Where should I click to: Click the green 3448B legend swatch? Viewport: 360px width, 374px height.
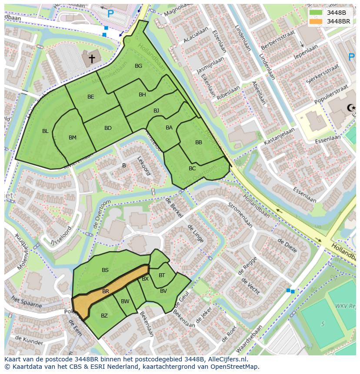[x=316, y=12]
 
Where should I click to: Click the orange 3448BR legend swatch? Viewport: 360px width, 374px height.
[x=316, y=21]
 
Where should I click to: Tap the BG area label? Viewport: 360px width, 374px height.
[x=138, y=66]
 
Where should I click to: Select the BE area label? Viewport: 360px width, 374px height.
[x=90, y=97]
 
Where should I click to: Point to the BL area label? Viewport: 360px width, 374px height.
[x=45, y=131]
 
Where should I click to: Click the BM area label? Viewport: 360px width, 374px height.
[x=72, y=138]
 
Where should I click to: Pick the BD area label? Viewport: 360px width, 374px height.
[x=108, y=128]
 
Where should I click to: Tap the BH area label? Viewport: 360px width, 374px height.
[x=142, y=95]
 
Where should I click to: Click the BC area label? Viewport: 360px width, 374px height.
[x=192, y=169]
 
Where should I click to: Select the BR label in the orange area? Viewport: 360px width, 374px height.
[x=106, y=291]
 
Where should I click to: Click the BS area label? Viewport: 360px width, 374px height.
[x=105, y=270]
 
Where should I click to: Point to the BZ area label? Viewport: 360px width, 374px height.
[x=104, y=316]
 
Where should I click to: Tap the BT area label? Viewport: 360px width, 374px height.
[x=162, y=275]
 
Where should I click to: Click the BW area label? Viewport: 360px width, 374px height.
[x=125, y=301]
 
